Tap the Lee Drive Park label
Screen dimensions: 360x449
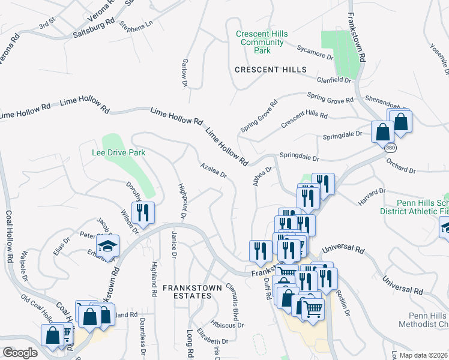(118, 153)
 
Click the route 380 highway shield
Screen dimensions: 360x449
(391, 146)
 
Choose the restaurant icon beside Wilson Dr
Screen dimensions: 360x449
(143, 212)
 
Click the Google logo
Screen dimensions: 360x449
(20, 352)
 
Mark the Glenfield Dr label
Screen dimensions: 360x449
(334, 79)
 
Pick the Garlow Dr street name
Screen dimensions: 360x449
(184, 73)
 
